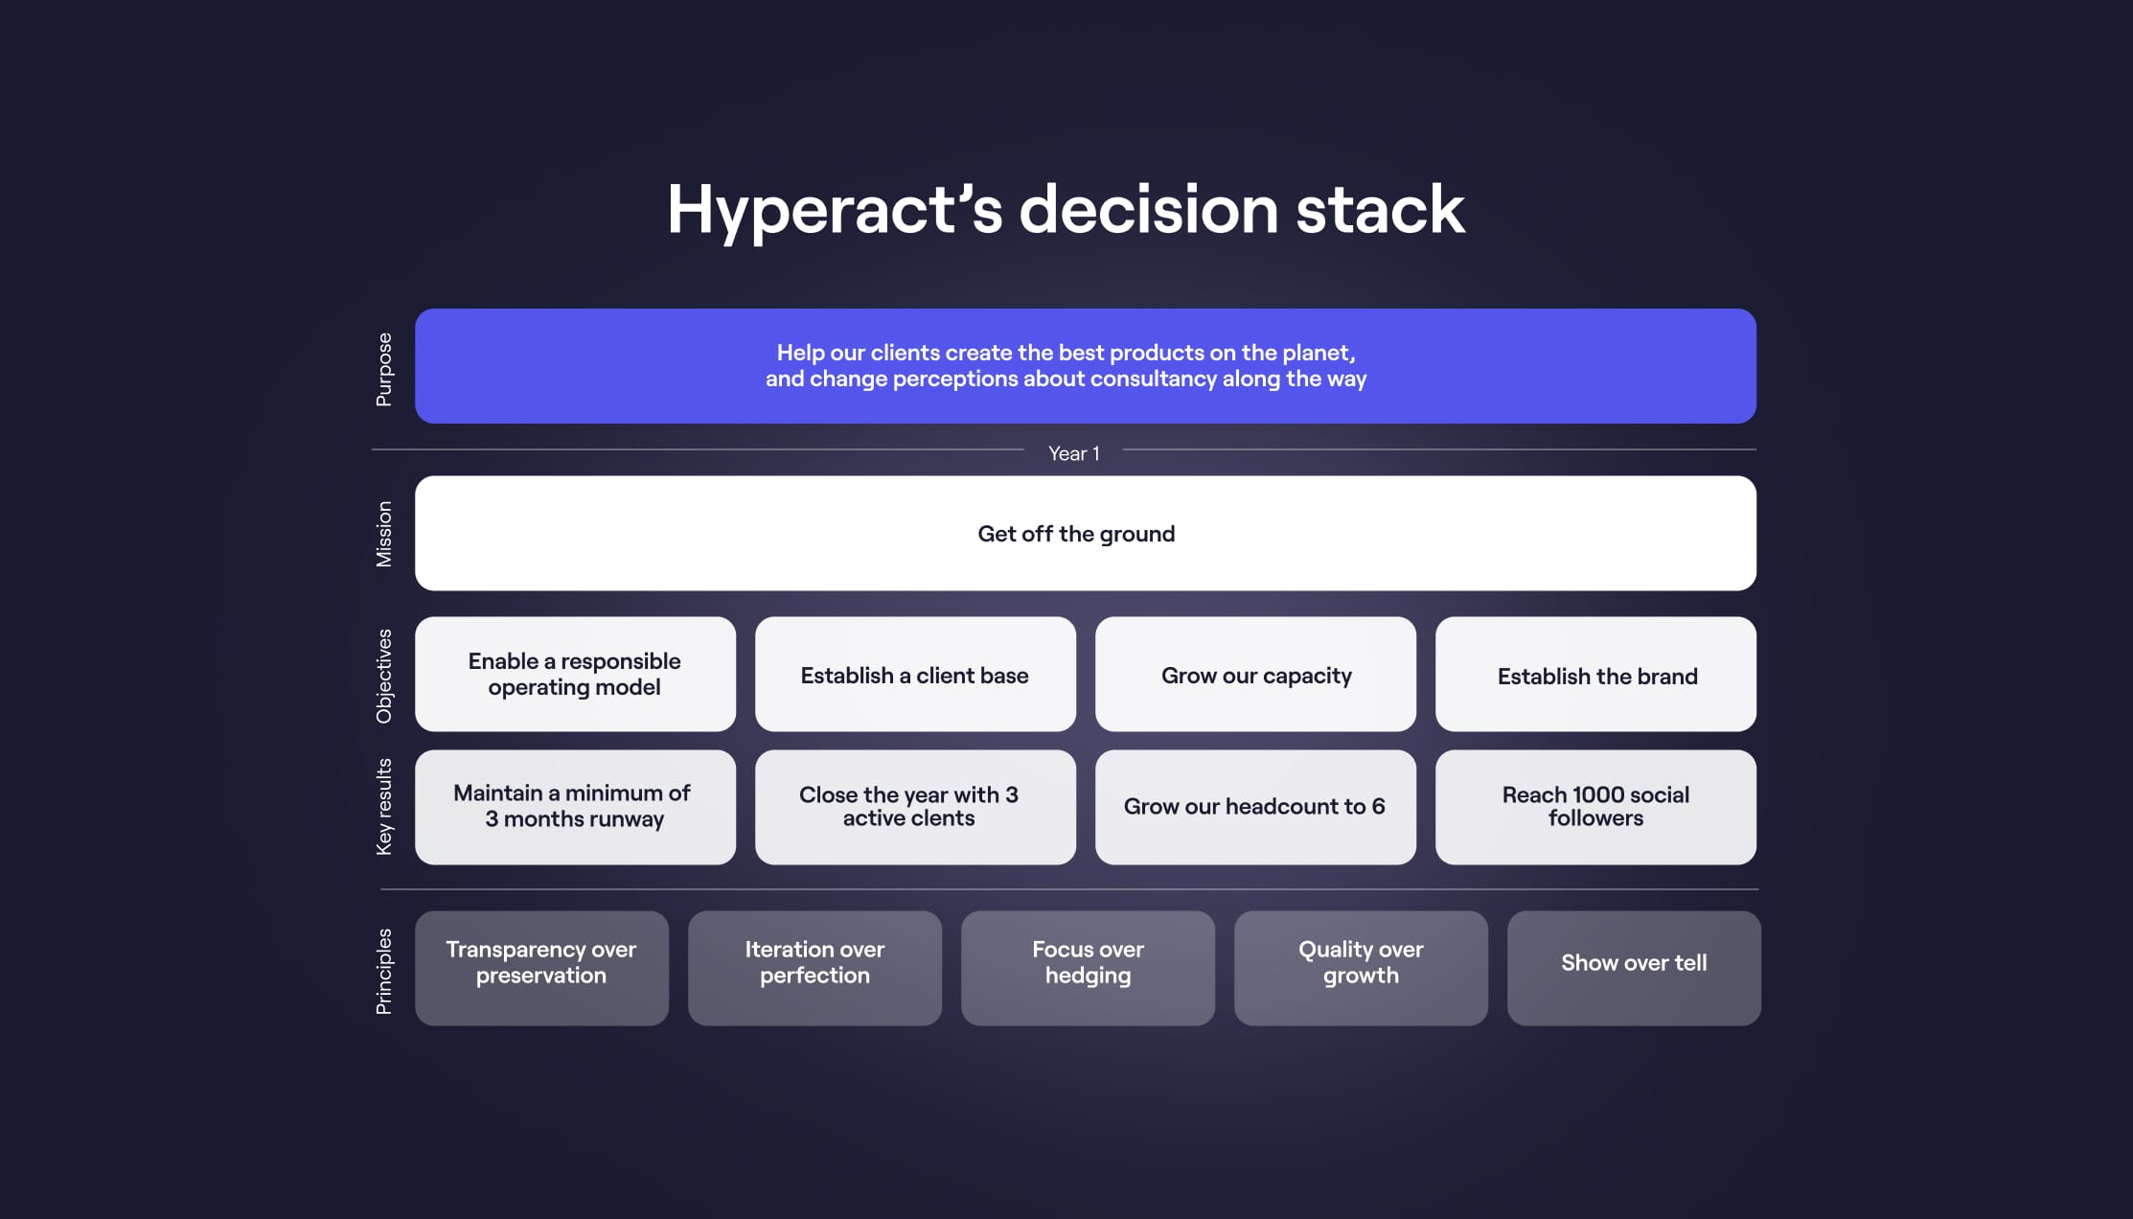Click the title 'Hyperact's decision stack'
(1066, 210)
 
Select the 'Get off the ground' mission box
(1085, 534)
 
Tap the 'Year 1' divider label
(1073, 453)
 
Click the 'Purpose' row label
(384, 369)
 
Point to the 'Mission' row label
(384, 534)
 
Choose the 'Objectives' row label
(384, 676)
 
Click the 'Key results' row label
(384, 807)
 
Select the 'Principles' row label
(384, 971)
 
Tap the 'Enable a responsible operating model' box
(575, 675)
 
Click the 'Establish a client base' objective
(915, 675)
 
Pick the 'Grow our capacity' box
(1255, 675)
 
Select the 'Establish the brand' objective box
(1595, 675)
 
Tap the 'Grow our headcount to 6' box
(1255, 807)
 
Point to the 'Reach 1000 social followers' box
(1595, 807)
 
